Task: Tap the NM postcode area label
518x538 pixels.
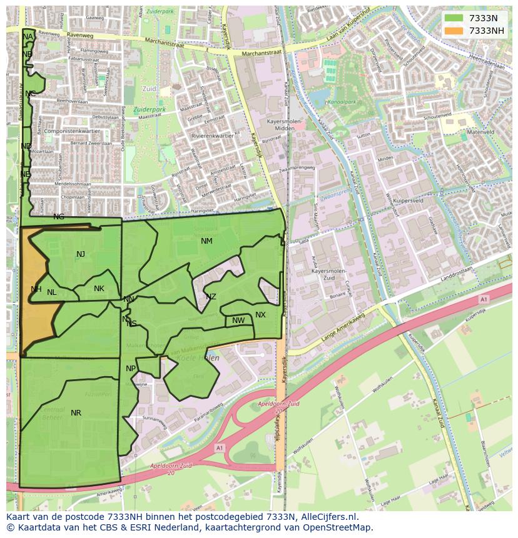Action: [206, 241]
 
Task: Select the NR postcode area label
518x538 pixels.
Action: [76, 413]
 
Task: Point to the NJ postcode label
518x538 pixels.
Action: [81, 254]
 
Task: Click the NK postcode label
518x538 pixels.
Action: [99, 289]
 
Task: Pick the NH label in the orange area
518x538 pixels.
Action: [36, 289]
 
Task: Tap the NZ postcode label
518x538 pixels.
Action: [211, 297]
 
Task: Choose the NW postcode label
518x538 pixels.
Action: [238, 321]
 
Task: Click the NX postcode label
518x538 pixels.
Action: [260, 315]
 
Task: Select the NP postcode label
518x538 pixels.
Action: [130, 369]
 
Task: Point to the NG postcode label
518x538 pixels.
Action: [59, 217]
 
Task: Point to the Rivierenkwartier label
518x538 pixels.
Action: [213, 135]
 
